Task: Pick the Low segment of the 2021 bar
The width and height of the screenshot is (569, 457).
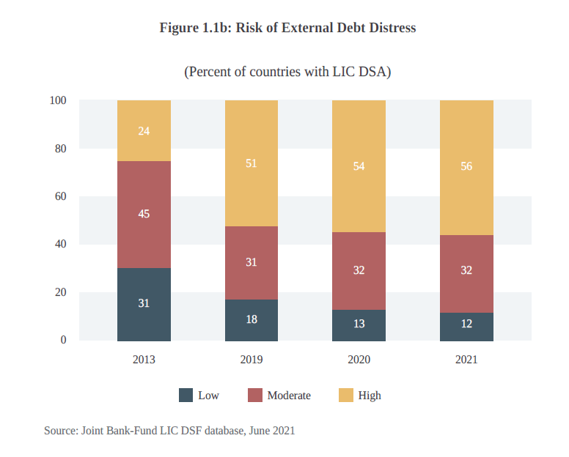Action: coord(466,327)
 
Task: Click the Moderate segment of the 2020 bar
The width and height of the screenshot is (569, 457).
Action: coord(359,271)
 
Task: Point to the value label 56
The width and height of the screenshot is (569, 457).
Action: coord(466,166)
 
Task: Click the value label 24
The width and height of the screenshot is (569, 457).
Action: coord(144,131)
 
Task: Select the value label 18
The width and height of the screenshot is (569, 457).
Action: coord(252,319)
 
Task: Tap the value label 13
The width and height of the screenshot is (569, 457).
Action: coord(359,324)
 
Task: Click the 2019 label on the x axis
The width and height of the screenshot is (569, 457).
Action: coord(252,360)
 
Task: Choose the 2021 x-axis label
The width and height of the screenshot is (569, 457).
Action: coord(466,360)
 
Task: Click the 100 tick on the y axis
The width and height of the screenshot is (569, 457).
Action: coord(58,100)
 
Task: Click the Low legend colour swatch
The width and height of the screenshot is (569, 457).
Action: coord(186,395)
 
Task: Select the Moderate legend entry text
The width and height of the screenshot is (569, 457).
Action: coord(289,395)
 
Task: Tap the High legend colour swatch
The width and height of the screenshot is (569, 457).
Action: coord(346,395)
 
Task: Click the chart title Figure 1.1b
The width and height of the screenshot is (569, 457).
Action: coord(287,29)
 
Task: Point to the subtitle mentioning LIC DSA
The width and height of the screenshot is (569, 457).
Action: coord(287,72)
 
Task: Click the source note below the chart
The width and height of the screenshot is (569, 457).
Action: coord(169,431)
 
